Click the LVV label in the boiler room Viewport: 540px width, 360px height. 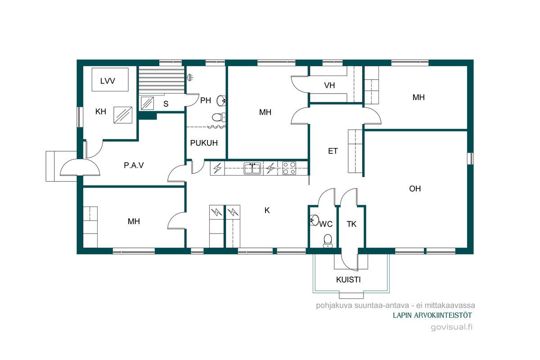click(108, 81)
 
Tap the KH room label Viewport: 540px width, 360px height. click(101, 112)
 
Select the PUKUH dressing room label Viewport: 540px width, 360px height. click(204, 143)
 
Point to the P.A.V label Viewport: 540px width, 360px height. click(134, 166)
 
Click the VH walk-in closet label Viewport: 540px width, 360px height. click(329, 85)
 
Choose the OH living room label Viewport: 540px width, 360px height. click(415, 189)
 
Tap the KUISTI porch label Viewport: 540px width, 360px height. click(348, 280)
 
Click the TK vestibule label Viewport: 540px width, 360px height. click(351, 224)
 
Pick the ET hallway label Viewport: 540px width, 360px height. click(333, 151)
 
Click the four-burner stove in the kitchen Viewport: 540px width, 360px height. click(289, 168)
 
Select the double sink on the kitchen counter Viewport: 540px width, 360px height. click(252, 168)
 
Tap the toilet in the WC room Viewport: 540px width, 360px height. click(328, 241)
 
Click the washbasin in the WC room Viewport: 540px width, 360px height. click(315, 220)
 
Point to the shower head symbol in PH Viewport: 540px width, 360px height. click(190, 77)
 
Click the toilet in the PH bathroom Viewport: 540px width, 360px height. click(219, 117)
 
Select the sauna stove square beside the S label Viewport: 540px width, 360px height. click(147, 103)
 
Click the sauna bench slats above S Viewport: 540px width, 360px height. click(162, 80)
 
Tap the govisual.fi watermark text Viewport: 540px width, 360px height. click(451, 327)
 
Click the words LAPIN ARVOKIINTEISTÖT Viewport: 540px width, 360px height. click(432, 315)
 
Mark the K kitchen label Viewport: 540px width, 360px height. click(267, 211)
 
